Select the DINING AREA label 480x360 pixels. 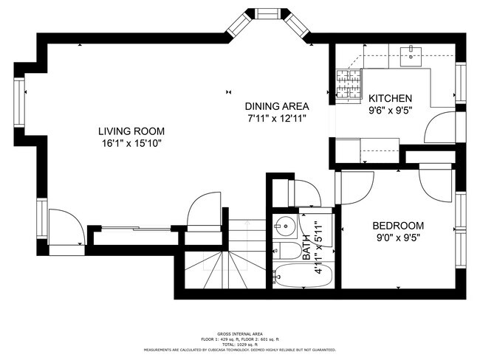277,105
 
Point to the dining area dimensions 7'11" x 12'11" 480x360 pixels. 277,117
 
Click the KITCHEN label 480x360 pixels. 391,99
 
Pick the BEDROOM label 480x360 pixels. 398,226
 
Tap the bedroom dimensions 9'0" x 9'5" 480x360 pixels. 398,238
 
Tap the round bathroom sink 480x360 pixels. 284,226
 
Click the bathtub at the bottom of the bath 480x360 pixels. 304,276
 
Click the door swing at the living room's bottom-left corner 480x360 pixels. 65,228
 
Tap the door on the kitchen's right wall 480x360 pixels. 442,127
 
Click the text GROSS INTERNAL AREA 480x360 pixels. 240,333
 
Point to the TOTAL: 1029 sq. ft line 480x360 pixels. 240,344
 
